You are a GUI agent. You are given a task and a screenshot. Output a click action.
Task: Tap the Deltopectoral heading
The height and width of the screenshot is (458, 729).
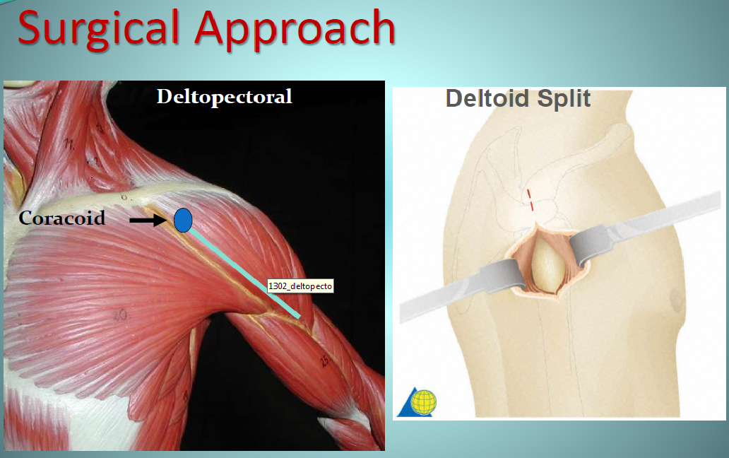225,97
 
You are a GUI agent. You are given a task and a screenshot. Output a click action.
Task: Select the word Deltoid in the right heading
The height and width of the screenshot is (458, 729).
487,98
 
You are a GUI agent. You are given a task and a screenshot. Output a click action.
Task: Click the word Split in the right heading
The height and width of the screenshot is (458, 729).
564,98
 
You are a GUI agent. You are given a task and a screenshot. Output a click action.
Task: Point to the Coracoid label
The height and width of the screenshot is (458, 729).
62,218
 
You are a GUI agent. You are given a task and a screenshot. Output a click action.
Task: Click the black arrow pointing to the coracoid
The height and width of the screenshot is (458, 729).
148,220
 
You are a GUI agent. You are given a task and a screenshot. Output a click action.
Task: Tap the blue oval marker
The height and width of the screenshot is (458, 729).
183,221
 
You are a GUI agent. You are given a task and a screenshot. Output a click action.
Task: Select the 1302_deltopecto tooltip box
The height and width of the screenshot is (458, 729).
300,286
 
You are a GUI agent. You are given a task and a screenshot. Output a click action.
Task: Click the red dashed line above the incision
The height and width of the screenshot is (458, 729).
530,200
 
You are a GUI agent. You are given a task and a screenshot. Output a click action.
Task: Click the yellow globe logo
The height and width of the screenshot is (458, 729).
424,402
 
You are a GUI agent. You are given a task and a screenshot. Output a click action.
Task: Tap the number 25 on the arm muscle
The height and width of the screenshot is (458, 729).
324,360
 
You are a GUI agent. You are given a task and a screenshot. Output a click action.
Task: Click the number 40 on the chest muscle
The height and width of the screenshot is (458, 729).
120,315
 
